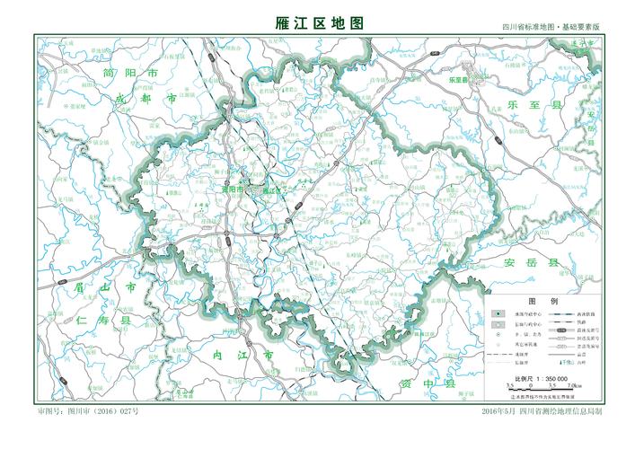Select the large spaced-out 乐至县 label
click(x=530, y=106)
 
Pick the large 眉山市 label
click(x=106, y=287)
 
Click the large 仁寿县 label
click(x=105, y=321)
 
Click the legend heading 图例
click(x=542, y=301)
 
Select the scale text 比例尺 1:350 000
click(x=543, y=379)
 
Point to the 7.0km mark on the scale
click(x=575, y=385)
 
